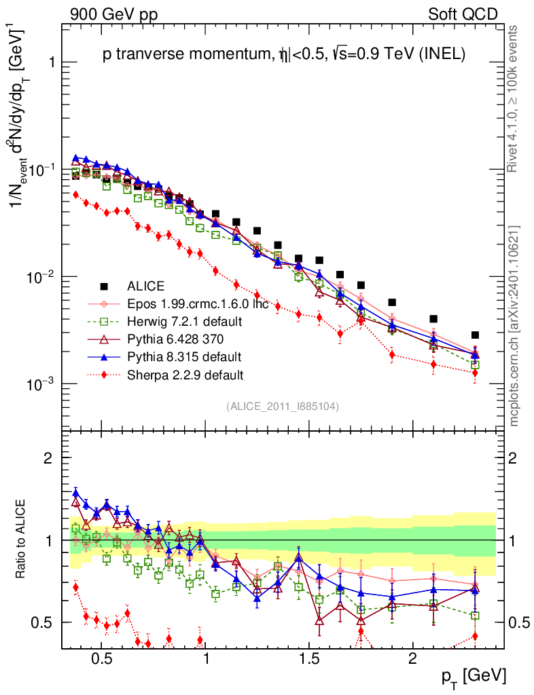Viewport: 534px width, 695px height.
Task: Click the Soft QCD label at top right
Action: pos(463,14)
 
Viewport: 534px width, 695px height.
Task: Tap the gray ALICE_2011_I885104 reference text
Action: pos(283,406)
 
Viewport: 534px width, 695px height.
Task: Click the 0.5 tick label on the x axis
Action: pos(101,659)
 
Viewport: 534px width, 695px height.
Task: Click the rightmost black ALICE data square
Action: pos(475,335)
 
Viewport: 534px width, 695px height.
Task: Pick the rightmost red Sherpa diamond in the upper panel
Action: pos(475,373)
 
